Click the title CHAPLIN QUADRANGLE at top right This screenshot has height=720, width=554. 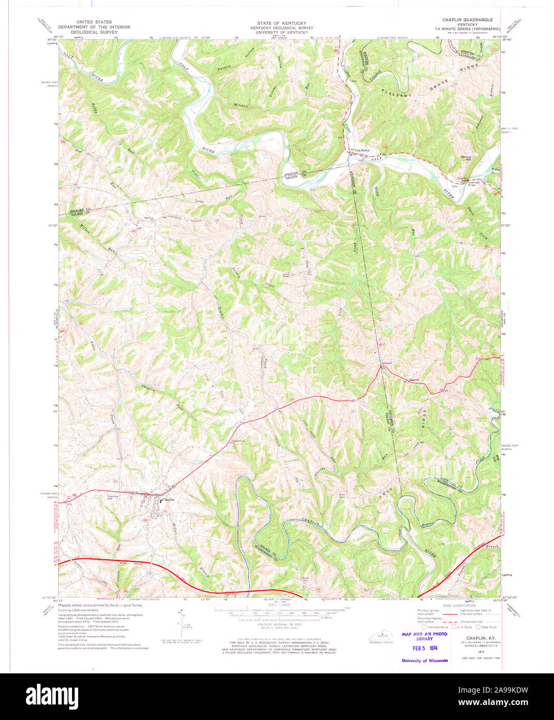point(471,19)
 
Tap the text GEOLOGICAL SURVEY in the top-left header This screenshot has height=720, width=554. point(94,32)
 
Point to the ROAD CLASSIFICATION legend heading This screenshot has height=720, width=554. point(459,606)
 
